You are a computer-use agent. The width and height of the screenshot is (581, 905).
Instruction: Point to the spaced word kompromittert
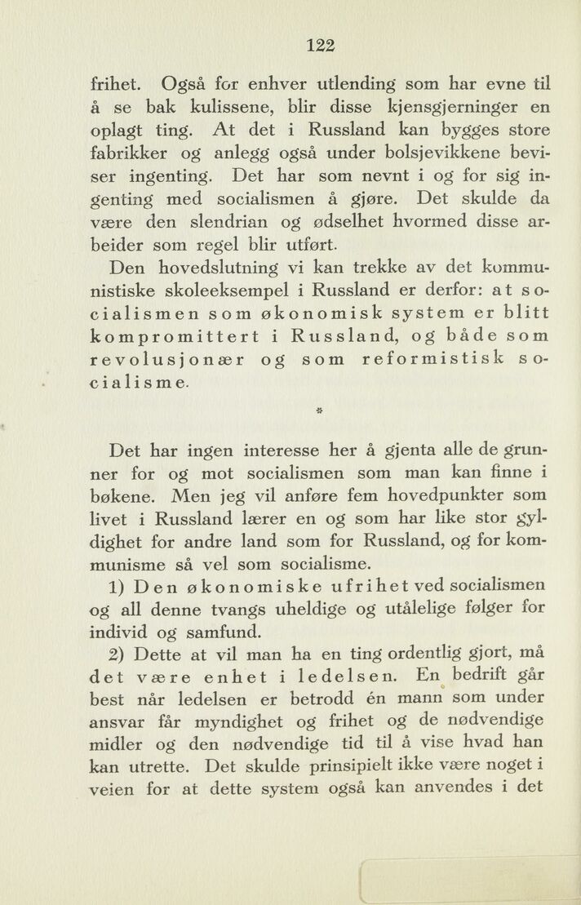tap(176, 336)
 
